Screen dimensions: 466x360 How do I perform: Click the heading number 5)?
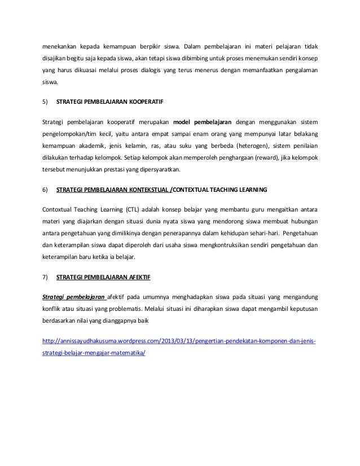click(46, 103)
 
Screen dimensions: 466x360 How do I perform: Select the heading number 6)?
click(46, 190)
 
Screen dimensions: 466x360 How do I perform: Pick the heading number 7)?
click(46, 277)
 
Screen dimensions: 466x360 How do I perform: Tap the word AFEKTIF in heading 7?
click(138, 277)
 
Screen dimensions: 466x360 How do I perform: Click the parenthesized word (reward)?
click(258, 157)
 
